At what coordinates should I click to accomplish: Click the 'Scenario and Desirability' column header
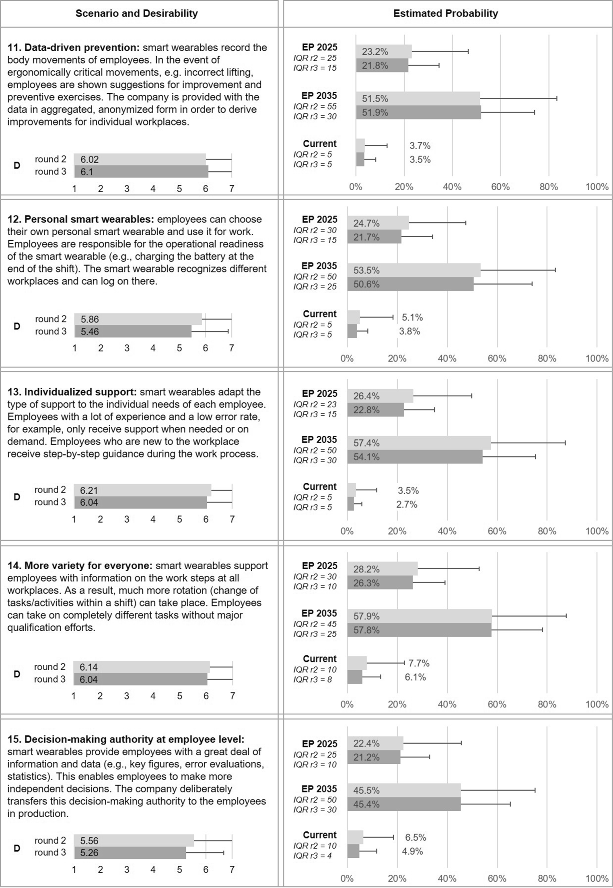136,14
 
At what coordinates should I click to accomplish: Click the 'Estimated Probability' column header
445,14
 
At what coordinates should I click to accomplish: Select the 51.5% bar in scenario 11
418,98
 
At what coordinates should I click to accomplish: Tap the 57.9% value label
366,616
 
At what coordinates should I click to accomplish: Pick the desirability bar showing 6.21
142,490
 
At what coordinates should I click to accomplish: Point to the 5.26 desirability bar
130,853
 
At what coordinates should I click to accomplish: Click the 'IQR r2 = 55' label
315,107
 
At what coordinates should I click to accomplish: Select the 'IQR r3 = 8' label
312,679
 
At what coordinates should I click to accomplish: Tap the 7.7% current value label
419,663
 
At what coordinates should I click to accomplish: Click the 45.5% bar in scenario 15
404,790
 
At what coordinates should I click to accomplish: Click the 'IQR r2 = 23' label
315,404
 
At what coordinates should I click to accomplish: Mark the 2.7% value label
406,504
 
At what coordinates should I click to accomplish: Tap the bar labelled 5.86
138,319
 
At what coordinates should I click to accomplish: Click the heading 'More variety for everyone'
88,566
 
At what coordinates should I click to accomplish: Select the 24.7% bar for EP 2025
378,223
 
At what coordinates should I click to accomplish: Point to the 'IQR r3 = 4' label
312,855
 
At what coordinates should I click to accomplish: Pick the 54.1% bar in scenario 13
415,457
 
